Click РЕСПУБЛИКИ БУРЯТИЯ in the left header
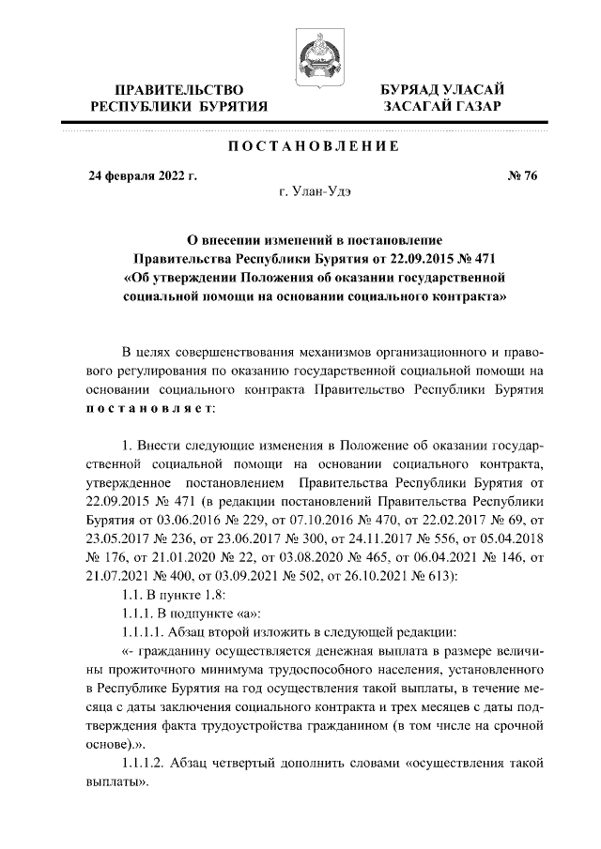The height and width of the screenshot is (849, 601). pos(179,107)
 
